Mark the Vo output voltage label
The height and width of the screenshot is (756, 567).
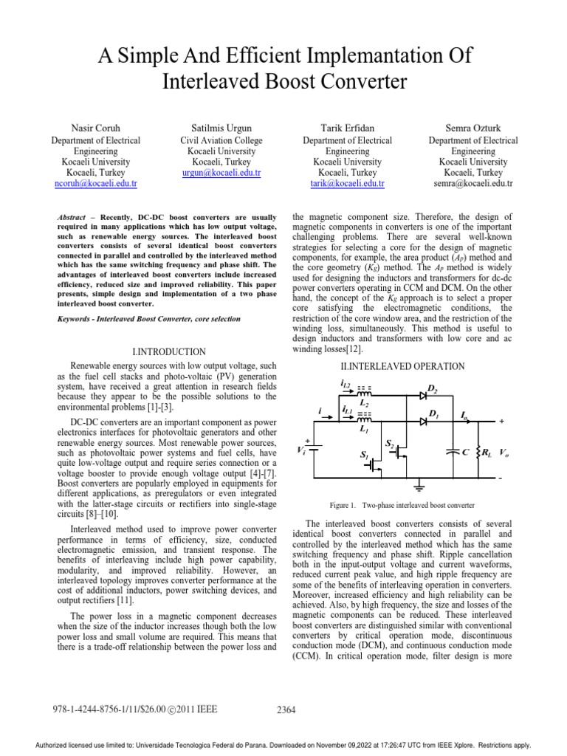(x=503, y=451)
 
